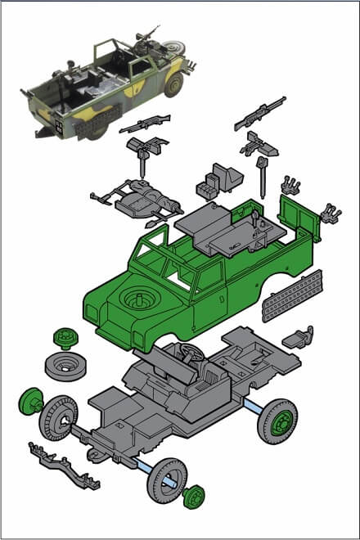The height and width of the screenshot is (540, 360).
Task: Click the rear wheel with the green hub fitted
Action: [277, 421]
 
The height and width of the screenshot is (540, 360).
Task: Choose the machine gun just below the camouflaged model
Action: [145, 124]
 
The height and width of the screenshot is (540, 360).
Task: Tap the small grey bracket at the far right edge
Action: [331, 213]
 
